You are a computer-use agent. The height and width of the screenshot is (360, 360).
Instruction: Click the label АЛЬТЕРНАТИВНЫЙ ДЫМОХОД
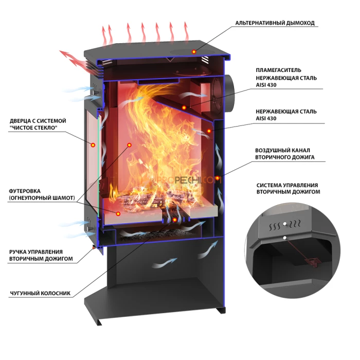pyautogui.click(x=275, y=23)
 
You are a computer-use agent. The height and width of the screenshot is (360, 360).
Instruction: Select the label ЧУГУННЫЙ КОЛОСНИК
pyautogui.click(x=40, y=293)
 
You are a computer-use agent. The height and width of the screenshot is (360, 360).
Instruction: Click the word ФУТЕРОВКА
pyautogui.click(x=25, y=191)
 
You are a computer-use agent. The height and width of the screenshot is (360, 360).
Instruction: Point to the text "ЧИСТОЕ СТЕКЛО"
pyautogui.click(x=33, y=128)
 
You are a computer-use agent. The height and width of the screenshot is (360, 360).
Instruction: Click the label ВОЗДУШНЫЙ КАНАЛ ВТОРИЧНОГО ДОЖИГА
pyautogui.click(x=285, y=154)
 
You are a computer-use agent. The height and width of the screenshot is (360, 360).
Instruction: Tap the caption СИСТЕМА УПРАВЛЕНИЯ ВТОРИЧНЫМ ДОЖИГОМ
pyautogui.click(x=288, y=189)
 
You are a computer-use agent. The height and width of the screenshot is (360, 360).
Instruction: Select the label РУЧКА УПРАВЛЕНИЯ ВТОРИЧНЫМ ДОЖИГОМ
pyautogui.click(x=41, y=255)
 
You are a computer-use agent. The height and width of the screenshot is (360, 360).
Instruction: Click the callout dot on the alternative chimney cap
pyautogui.click(x=194, y=51)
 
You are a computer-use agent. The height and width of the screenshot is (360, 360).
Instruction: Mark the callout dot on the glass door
pyautogui.click(x=93, y=145)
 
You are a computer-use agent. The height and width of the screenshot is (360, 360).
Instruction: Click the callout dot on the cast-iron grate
pyautogui.click(x=175, y=220)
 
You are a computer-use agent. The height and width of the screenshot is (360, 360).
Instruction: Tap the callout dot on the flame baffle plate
pyautogui.click(x=184, y=107)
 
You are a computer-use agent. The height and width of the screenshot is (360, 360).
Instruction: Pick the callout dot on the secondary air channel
pyautogui.click(x=217, y=178)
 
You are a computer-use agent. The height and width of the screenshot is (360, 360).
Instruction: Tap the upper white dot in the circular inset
pyautogui.click(x=285, y=224)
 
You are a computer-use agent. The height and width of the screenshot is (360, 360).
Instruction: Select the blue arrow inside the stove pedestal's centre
pyautogui.click(x=165, y=263)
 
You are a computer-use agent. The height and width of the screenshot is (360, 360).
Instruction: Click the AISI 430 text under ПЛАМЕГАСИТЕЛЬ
pyautogui.click(x=266, y=85)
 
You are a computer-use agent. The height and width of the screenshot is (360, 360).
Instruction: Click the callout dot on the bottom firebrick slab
pyautogui.click(x=118, y=214)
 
